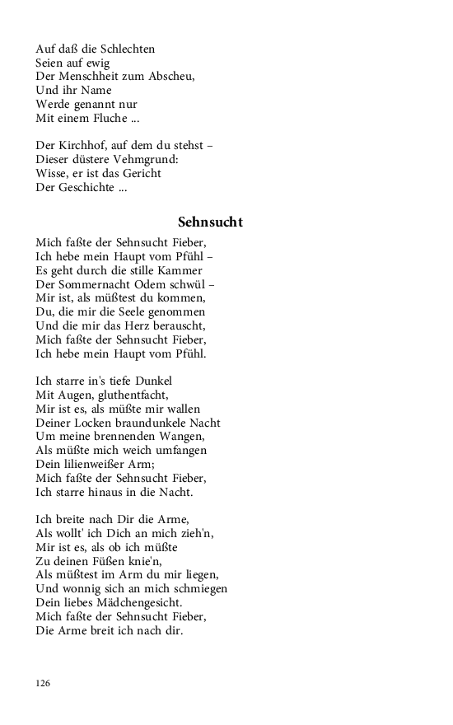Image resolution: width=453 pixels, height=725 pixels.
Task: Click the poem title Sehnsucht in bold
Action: pyautogui.click(x=210, y=222)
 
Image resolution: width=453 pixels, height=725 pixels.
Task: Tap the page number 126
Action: pyautogui.click(x=44, y=683)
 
